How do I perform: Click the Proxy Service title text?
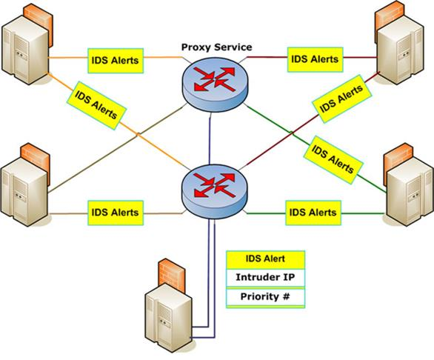(216, 47)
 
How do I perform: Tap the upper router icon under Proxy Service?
(215, 84)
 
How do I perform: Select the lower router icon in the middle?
(214, 190)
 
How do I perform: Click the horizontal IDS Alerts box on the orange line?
(116, 61)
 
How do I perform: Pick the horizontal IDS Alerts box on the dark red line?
(316, 59)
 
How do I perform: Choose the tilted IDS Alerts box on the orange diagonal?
(96, 105)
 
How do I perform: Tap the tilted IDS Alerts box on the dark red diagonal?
(341, 99)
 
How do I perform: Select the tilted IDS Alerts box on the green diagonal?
(333, 160)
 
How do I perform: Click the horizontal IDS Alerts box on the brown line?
(116, 213)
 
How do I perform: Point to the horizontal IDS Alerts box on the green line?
(313, 213)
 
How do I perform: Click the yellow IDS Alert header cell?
(265, 259)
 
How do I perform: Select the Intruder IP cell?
(265, 278)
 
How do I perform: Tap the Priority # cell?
(265, 297)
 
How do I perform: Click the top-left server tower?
(25, 50)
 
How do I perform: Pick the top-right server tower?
(401, 50)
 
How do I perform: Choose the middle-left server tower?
(24, 193)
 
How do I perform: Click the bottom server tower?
(169, 318)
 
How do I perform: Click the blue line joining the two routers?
(210, 139)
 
